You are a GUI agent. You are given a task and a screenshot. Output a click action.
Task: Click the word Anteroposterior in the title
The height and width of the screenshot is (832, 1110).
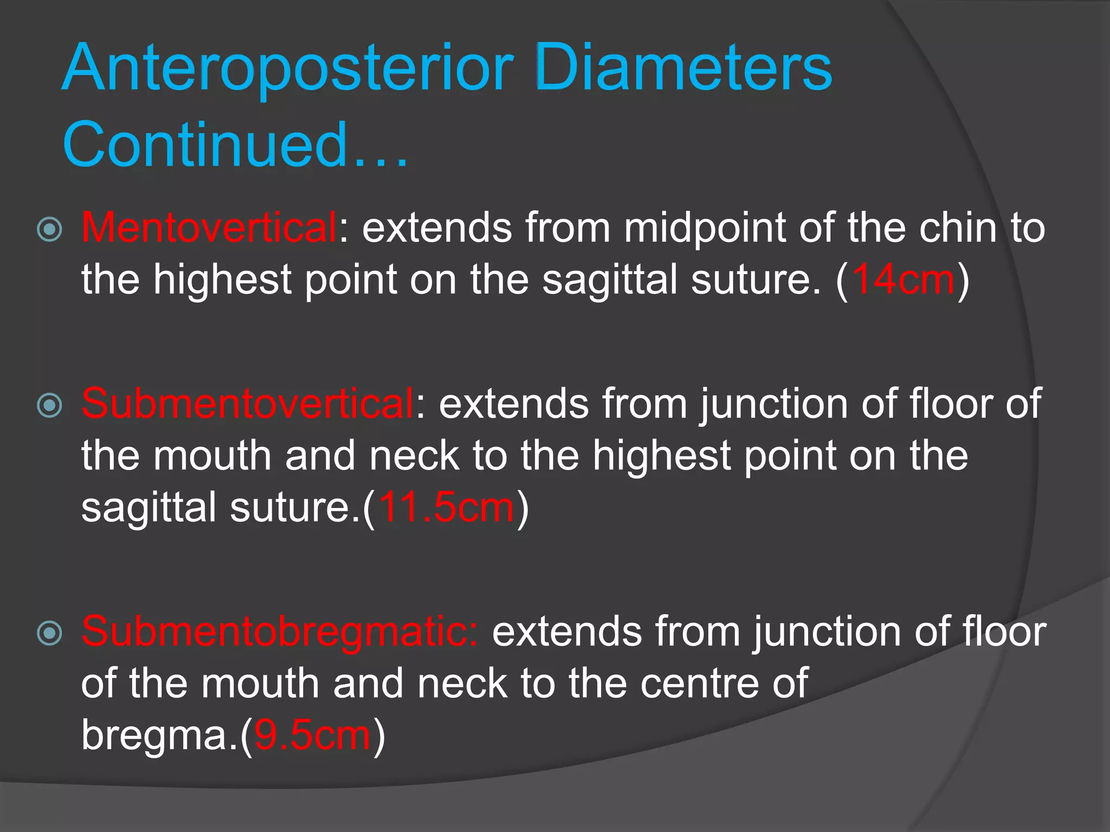click(287, 69)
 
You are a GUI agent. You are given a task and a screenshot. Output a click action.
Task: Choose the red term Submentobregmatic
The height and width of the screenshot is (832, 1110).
click(279, 632)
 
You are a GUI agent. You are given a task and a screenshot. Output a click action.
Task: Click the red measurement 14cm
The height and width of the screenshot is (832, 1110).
click(903, 279)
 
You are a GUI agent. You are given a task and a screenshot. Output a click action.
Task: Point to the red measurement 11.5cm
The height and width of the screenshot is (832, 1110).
click(446, 508)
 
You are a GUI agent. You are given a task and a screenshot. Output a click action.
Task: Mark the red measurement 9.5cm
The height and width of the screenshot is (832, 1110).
click(312, 735)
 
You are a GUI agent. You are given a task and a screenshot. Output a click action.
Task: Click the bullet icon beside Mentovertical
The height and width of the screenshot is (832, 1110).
click(49, 229)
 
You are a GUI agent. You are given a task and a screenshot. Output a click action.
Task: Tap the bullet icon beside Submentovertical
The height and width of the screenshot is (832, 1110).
click(49, 405)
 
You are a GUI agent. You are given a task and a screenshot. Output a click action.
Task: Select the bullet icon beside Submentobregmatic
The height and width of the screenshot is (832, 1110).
click(49, 633)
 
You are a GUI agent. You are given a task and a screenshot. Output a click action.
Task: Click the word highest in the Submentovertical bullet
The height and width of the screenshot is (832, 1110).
click(661, 456)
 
